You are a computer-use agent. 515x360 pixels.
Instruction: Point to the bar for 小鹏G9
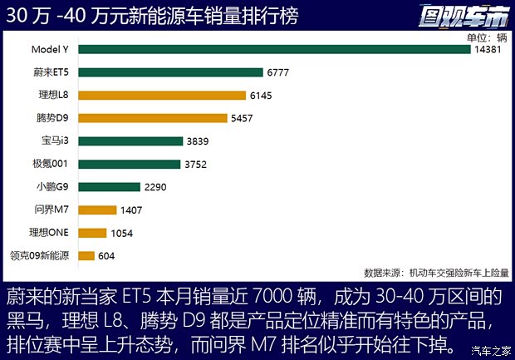point(110,187)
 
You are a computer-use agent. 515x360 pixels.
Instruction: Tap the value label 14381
point(488,50)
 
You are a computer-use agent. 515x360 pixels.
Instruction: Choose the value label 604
point(107,256)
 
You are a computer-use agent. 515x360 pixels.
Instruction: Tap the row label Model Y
point(49,50)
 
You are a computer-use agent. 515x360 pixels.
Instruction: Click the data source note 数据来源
point(436,272)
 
